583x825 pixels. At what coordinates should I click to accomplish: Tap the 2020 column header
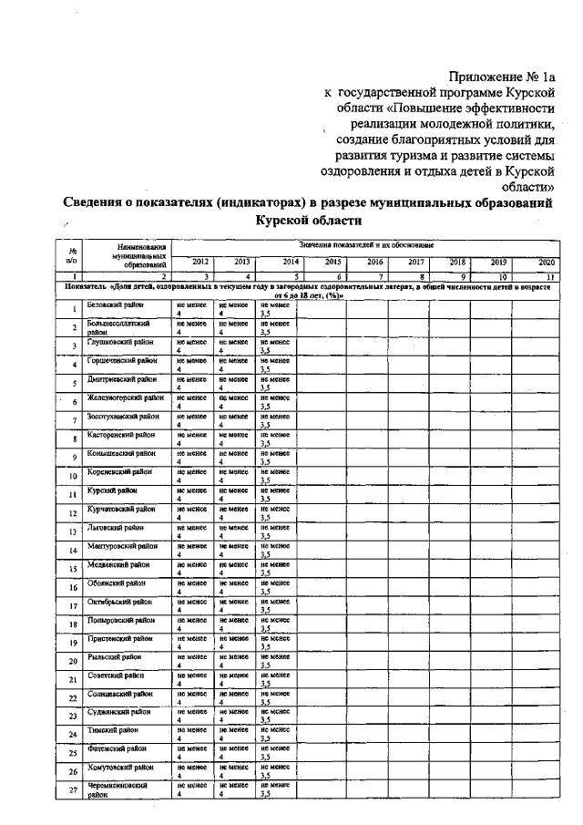546,262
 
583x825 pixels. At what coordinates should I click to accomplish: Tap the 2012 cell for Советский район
191,678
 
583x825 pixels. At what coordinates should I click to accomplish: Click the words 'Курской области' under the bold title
310,220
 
